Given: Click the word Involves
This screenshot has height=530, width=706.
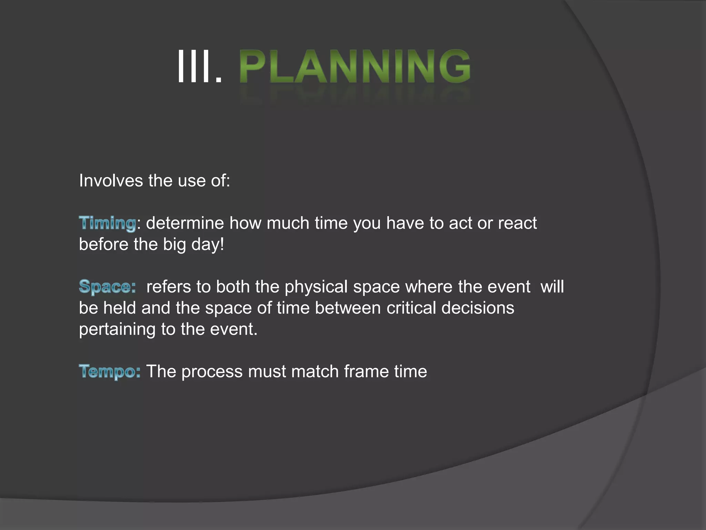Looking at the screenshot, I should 111,180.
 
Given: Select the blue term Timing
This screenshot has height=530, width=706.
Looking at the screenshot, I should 108,223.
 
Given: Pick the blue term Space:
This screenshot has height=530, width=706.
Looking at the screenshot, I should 107,287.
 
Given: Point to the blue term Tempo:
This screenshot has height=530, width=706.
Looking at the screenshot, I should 110,372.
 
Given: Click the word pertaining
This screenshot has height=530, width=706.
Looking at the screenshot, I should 117,330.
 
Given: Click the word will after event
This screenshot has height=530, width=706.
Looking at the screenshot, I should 552,287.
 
